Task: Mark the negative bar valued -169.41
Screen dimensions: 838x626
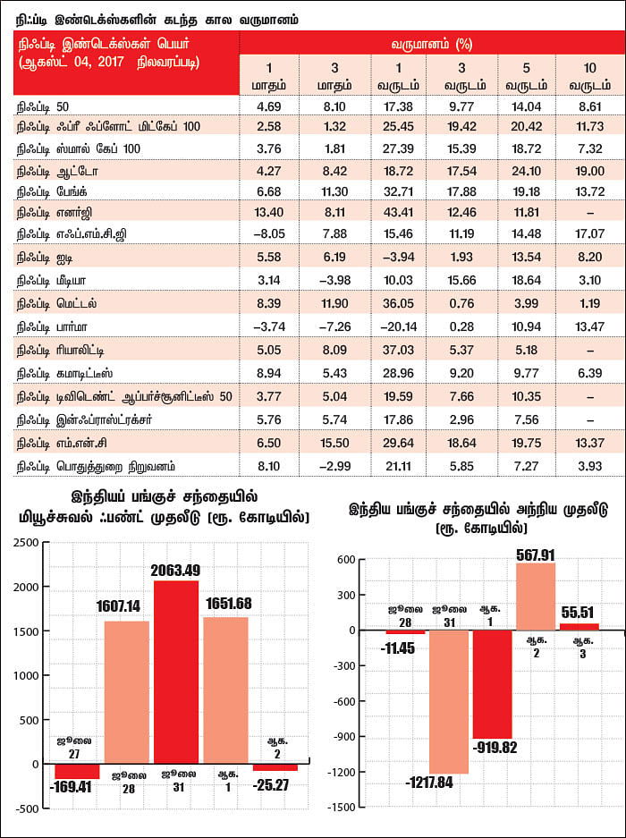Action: tap(77, 771)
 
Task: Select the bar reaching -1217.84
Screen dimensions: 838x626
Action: tap(449, 702)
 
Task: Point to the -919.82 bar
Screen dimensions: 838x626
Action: tap(493, 684)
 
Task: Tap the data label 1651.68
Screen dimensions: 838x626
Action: tap(229, 604)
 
